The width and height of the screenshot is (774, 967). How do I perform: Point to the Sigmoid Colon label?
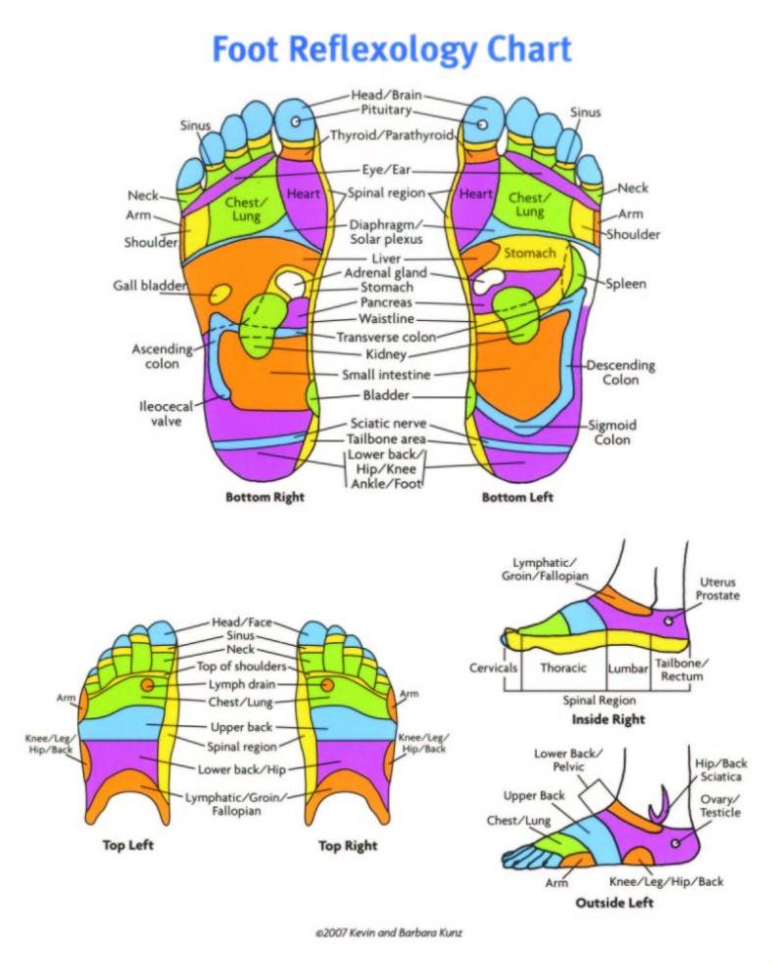tap(612, 433)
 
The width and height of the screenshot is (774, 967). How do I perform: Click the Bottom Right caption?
tap(265, 497)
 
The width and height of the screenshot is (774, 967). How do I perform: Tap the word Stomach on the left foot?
tap(530, 253)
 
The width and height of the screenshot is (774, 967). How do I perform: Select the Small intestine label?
tap(386, 374)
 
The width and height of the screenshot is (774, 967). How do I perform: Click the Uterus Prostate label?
tap(717, 588)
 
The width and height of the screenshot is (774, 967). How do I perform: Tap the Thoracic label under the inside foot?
tap(563, 668)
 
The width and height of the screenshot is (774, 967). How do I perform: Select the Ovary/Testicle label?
tap(719, 806)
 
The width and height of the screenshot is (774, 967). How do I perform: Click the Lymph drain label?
tap(242, 684)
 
